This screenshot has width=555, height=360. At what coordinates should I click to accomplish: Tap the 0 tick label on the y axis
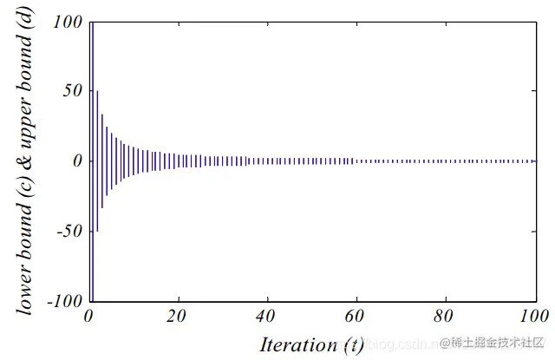pos(77,160)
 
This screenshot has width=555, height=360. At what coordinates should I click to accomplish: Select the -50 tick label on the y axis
pos(69,232)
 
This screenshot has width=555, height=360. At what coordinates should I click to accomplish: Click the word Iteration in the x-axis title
pos(295,344)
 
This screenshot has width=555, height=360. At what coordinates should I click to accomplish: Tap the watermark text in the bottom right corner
pos(491,345)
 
